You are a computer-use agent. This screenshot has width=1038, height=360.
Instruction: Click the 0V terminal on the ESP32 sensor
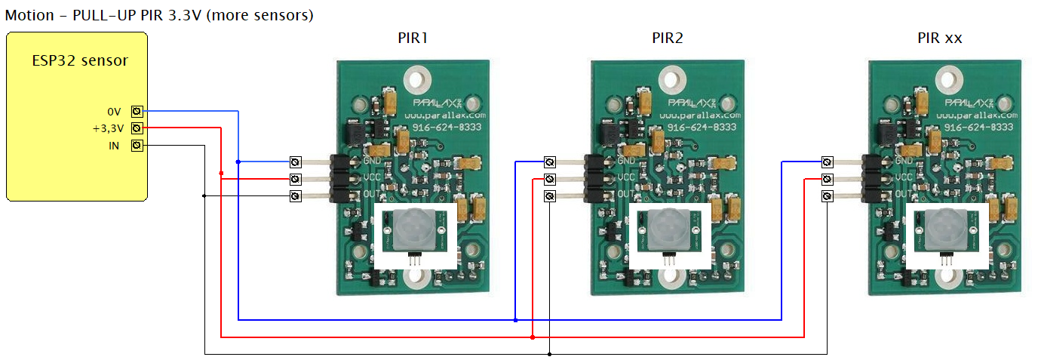[x=137, y=111]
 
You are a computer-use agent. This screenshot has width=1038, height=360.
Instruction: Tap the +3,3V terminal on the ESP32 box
[x=137, y=128]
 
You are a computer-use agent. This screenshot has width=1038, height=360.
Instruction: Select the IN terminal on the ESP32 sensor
[x=137, y=146]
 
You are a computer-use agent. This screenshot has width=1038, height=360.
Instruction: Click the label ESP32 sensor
[x=79, y=60]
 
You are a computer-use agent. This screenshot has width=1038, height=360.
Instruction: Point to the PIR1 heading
[x=413, y=38]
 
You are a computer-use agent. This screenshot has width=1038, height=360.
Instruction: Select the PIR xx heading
[x=939, y=38]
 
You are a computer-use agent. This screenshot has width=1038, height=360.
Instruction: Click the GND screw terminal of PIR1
[x=296, y=162]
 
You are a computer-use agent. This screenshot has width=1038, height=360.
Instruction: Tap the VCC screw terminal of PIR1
[x=296, y=179]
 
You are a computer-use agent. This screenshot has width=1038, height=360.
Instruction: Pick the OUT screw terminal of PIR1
[x=296, y=196]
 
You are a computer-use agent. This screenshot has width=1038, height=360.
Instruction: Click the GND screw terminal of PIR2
[x=550, y=162]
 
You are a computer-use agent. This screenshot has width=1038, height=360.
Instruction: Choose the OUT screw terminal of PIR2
[x=550, y=196]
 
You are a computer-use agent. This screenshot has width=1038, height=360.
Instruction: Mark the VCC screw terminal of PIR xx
[x=828, y=179]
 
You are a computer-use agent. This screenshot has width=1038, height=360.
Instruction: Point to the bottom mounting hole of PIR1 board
[x=415, y=277]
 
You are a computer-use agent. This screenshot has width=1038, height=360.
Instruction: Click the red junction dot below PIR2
[x=533, y=337]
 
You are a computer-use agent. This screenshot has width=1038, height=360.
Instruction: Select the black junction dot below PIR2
[x=550, y=353]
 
